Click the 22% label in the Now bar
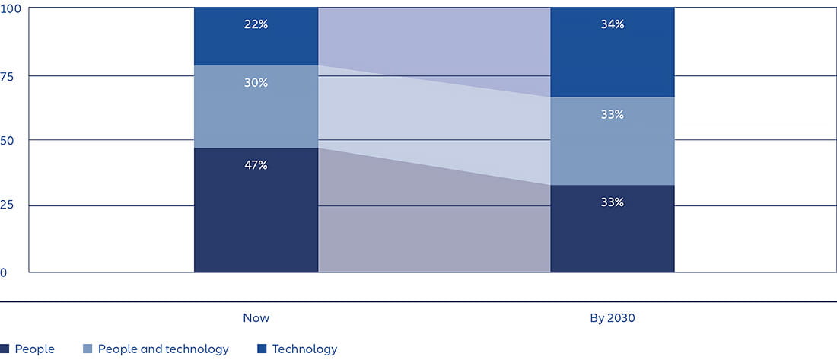point(256,24)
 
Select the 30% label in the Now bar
point(256,83)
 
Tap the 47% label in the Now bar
point(256,165)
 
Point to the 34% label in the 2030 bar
point(612,24)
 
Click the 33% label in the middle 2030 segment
point(612,115)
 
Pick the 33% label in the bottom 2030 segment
point(612,203)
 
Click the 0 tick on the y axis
point(4,272)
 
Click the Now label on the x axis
point(256,318)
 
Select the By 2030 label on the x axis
point(612,318)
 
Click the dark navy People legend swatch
point(5,349)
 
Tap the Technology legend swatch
point(262,349)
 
